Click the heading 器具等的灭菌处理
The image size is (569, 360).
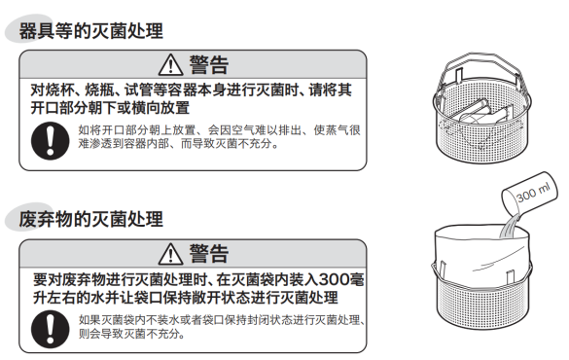coord(91,31)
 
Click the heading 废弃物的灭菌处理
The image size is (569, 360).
coord(91,219)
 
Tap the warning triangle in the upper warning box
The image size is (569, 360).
coord(170,65)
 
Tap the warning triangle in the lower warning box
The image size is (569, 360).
coord(170,254)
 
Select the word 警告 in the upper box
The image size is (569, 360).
coord(209,65)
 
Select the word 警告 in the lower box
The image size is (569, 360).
coord(209,254)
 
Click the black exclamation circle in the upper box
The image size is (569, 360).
coord(50,140)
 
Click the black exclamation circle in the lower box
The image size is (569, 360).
coord(50,329)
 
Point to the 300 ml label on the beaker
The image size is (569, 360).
coord(533,193)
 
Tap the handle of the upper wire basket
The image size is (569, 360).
coord(481,62)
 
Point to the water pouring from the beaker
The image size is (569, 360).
coord(509,227)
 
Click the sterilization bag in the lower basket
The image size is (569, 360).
coord(481,254)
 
